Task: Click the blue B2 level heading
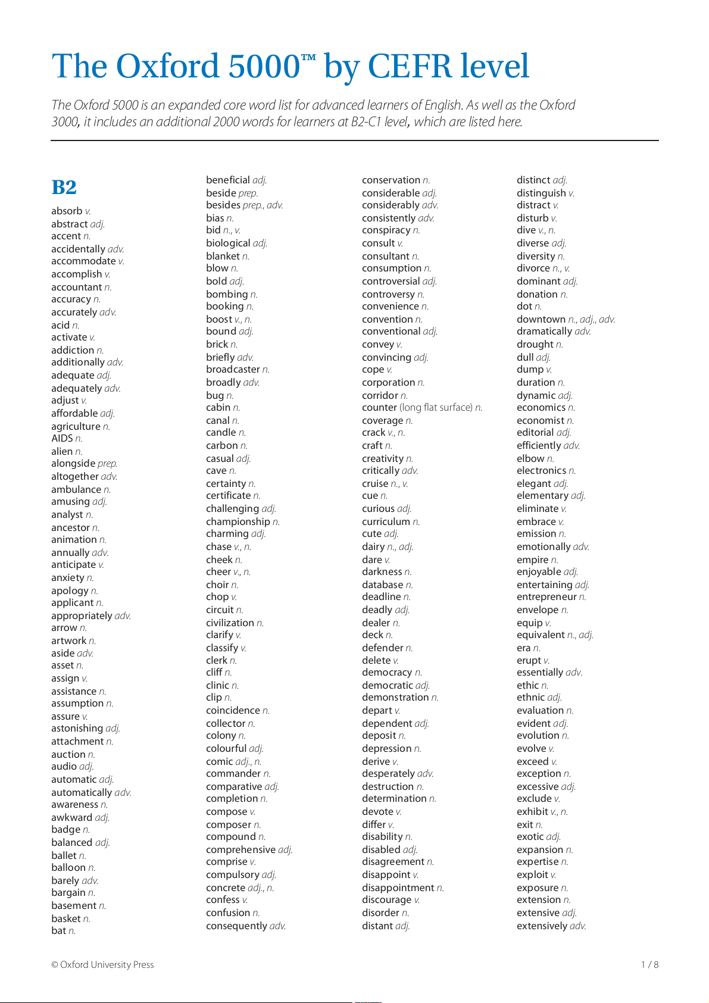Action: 64,187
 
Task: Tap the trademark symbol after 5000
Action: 308,57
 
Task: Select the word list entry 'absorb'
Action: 67,211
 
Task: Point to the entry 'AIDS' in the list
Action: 62,439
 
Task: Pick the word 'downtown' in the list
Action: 541,320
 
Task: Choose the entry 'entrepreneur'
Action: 546,597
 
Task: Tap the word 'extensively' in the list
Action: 542,926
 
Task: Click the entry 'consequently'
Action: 236,926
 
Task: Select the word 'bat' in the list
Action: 59,931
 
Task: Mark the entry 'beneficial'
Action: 228,180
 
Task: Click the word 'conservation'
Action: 391,180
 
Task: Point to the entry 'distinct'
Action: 533,180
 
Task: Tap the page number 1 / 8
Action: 649,965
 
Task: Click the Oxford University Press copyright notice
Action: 102,965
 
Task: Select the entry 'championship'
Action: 238,522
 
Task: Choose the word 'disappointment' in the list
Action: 398,888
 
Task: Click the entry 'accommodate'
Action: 83,261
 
